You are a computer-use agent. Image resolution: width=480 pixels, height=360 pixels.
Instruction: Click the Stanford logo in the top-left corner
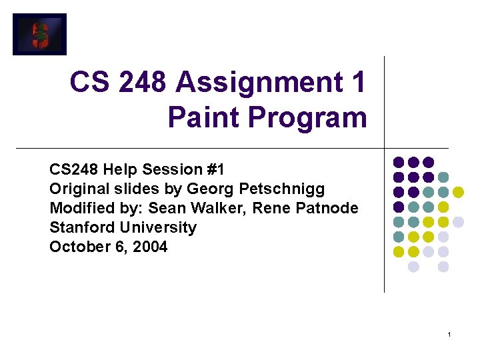coord(40,34)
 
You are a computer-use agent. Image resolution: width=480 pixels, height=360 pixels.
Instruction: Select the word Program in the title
coord(307,117)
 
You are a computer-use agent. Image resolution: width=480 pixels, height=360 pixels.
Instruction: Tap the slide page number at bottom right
coord(450,334)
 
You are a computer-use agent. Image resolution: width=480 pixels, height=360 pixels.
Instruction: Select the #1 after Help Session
coord(215,169)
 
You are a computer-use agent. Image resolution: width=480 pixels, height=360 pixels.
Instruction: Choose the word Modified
coord(77,208)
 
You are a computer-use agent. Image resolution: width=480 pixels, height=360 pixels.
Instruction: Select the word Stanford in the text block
coord(78,227)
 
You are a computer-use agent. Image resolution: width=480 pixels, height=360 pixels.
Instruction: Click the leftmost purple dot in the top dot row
coord(399,162)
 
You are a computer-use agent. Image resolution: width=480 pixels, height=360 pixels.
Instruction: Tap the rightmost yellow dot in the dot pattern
coord(458,192)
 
